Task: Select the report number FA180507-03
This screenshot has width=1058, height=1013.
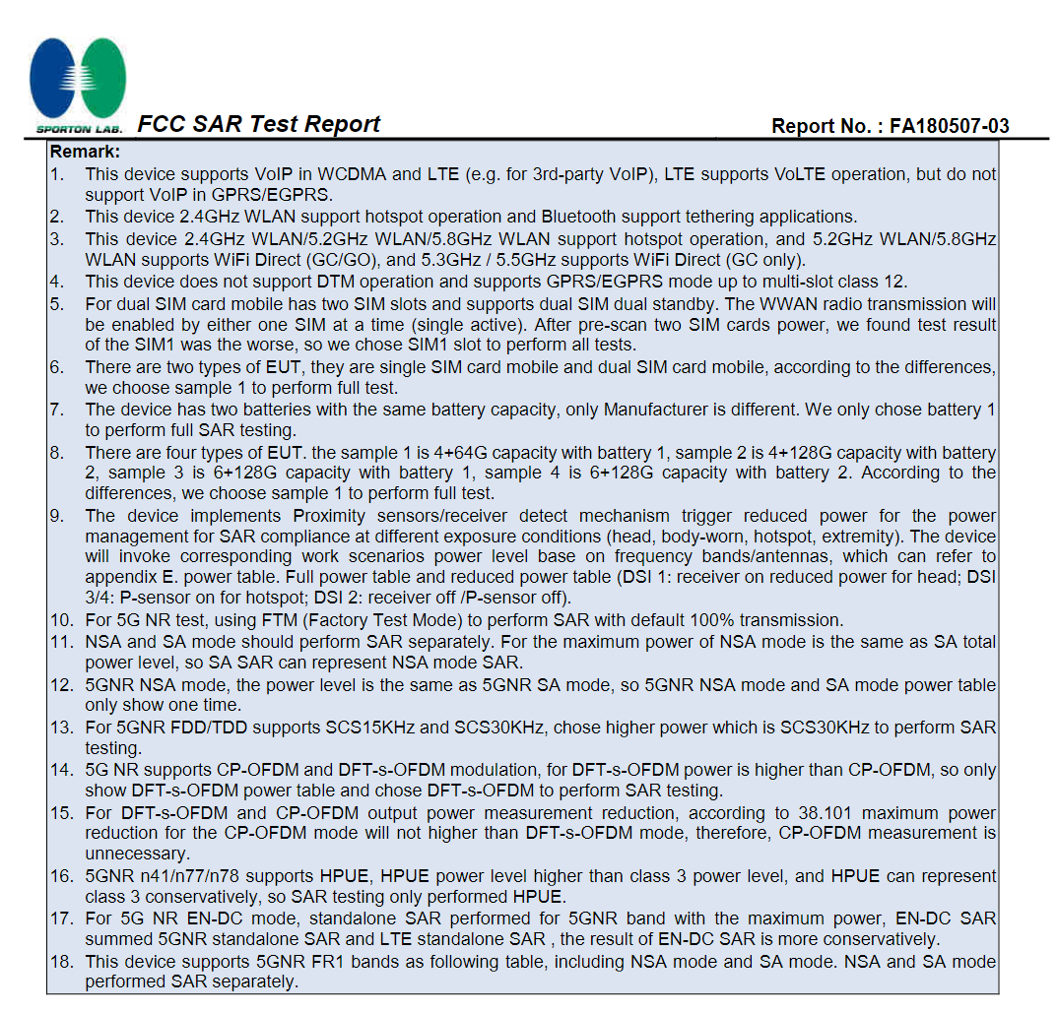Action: [x=950, y=126]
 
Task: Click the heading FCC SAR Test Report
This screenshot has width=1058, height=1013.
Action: [x=258, y=124]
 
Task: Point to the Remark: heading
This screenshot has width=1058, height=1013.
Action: [x=85, y=152]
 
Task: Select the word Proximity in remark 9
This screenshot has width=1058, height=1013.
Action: [x=335, y=516]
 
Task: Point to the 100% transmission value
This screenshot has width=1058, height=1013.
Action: [x=765, y=620]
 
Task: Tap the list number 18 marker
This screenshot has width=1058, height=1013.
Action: [x=61, y=961]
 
